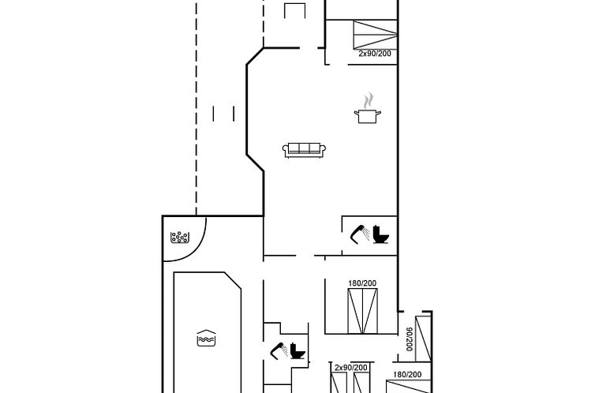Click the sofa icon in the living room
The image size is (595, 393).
(x=305, y=150)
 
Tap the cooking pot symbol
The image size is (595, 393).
(x=367, y=116)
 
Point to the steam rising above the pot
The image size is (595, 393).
(x=368, y=100)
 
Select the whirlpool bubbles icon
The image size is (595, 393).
(x=179, y=238)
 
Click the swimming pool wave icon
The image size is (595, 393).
(x=207, y=338)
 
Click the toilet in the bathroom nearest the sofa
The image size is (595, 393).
(x=380, y=234)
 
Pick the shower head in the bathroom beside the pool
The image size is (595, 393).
(x=279, y=351)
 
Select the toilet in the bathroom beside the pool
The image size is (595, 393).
(x=297, y=351)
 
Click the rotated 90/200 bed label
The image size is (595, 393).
(x=410, y=339)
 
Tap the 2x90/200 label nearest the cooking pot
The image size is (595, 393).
(x=375, y=54)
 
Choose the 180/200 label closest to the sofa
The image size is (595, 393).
(x=362, y=283)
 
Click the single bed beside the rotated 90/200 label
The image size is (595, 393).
(x=424, y=339)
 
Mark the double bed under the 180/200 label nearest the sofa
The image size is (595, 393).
(x=363, y=311)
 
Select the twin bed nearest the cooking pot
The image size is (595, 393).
(x=376, y=35)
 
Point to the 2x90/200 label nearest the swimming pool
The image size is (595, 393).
(x=351, y=368)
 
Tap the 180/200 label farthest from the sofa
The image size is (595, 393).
(x=407, y=375)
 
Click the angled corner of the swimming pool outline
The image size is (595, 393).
(x=233, y=280)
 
